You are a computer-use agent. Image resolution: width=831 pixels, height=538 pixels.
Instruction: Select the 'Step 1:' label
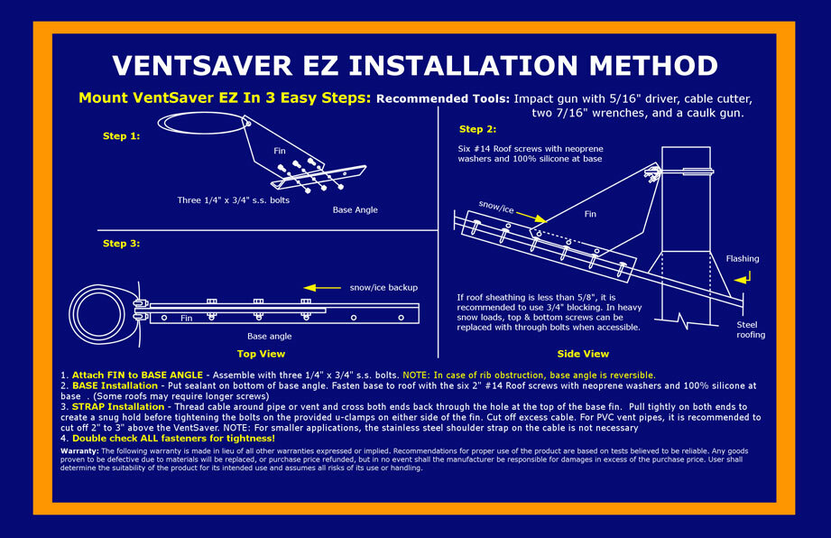121,136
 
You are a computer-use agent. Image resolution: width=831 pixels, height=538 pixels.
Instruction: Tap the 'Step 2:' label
477,129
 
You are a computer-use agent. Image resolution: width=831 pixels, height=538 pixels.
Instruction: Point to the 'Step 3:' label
121,244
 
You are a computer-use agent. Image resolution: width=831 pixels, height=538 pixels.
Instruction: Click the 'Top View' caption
261,354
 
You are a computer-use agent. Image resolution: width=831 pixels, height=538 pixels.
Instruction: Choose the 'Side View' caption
583,354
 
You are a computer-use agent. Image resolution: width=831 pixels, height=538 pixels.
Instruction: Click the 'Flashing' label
743,259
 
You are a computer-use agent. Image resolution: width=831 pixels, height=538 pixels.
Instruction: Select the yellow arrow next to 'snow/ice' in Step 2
533,218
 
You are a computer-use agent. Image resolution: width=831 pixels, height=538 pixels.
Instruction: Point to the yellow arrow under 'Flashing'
742,280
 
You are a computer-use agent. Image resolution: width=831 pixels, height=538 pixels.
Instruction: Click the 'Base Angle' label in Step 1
355,209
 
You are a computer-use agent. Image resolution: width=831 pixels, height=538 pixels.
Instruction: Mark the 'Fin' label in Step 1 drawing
279,152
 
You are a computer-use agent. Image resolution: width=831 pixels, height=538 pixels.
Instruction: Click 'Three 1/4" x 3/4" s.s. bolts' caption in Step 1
233,199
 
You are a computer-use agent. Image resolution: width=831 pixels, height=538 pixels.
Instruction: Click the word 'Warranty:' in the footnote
79,450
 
